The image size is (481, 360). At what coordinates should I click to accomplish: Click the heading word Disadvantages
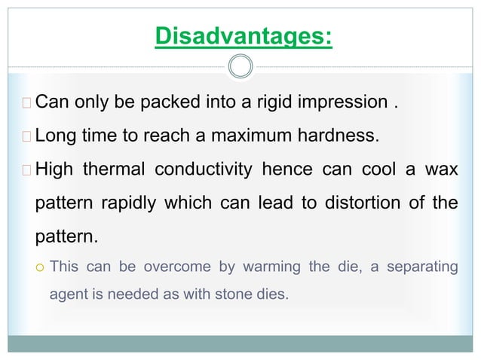coord(242,35)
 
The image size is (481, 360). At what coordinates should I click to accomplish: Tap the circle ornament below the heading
coord(240,67)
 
